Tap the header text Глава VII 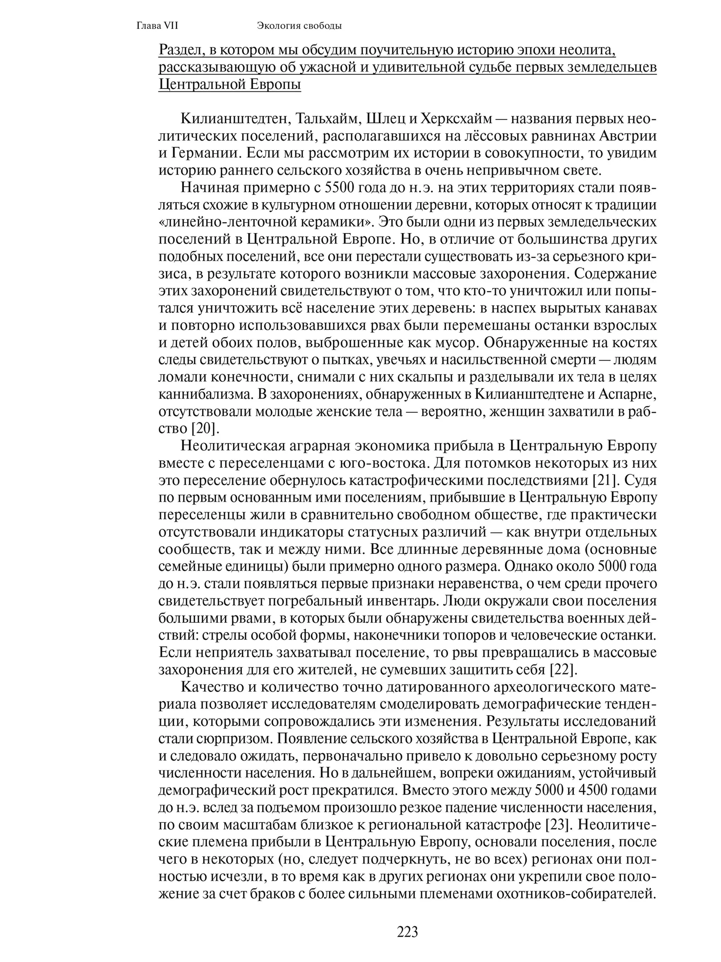coord(157,26)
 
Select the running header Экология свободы coord(299,26)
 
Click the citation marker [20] coord(204,428)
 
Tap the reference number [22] coord(564,669)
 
